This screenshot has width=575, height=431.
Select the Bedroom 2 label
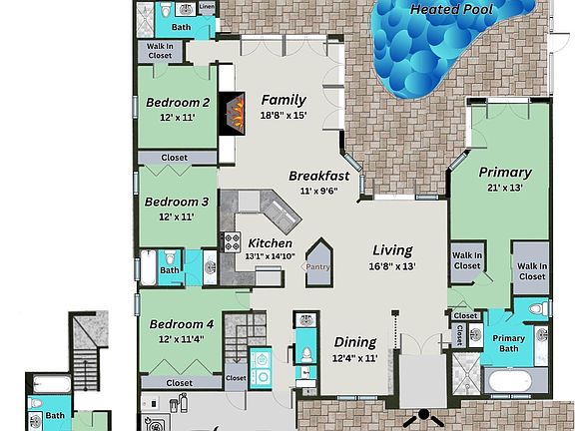pos(178,102)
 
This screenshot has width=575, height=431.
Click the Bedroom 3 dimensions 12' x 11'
pos(178,216)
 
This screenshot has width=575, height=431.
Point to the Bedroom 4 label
pos(182,324)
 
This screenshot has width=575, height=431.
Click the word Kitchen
pos(271,242)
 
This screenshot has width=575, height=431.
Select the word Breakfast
pos(318,176)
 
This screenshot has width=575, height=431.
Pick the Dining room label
pos(355,341)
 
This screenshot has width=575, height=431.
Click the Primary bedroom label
pos(504,171)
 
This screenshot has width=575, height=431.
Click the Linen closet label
pos(207,7)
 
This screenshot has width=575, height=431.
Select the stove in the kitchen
pos(231,240)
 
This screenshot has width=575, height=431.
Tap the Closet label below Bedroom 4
pos(180,382)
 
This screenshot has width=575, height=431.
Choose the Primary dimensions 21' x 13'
pos(504,187)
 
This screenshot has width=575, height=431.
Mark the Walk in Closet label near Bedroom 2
pos(160,51)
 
